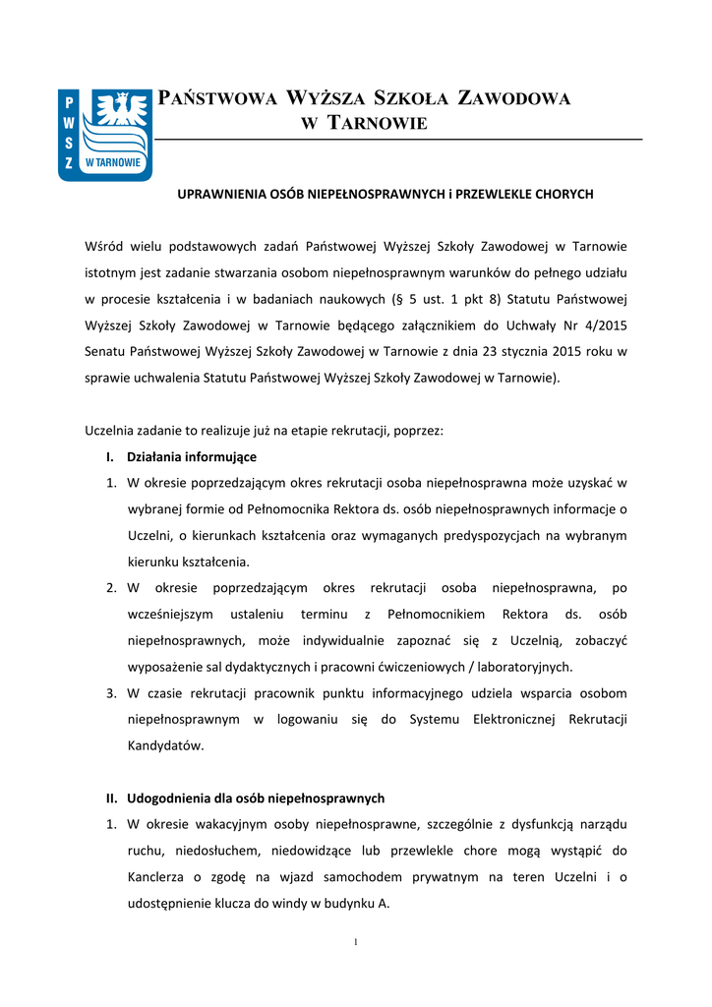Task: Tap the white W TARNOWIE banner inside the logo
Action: pos(113,162)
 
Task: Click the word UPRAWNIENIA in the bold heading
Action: pos(222,195)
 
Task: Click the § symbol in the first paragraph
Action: pos(393,297)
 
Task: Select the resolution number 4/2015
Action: pos(601,323)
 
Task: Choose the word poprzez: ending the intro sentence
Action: pos(419,431)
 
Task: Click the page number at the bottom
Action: pos(355,943)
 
